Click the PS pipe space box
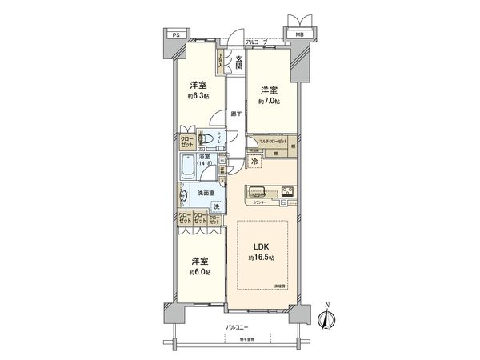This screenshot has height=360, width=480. click(x=175, y=36)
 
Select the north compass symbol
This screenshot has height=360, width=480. click(x=326, y=318)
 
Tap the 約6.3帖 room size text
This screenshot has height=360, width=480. click(x=199, y=96)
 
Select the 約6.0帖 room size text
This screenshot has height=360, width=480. click(x=200, y=272)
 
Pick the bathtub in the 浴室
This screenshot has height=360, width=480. click(x=187, y=167)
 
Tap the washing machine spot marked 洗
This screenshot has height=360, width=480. click(x=214, y=207)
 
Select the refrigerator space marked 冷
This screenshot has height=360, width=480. click(x=255, y=162)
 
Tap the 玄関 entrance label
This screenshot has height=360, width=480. click(x=238, y=61)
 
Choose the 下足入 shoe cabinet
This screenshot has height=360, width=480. click(x=221, y=59)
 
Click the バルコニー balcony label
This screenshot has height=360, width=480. click(x=235, y=327)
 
